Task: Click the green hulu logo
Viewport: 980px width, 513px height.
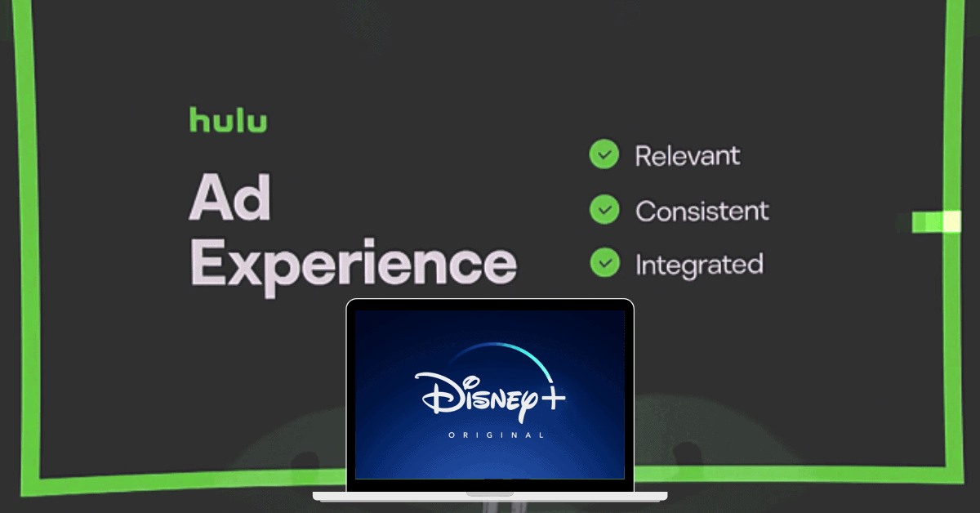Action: (x=228, y=119)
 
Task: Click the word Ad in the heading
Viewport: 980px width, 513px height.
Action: (x=229, y=199)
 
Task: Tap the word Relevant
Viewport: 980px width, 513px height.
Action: (x=688, y=155)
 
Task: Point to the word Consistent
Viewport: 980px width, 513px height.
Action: (x=702, y=211)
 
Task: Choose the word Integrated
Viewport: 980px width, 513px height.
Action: (x=699, y=265)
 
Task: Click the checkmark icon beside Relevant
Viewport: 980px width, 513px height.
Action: (x=604, y=154)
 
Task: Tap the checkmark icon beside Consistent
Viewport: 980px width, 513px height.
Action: (x=604, y=210)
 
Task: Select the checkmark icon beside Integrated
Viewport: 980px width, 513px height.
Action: (x=604, y=263)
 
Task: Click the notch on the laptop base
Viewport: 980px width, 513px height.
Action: (x=490, y=493)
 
